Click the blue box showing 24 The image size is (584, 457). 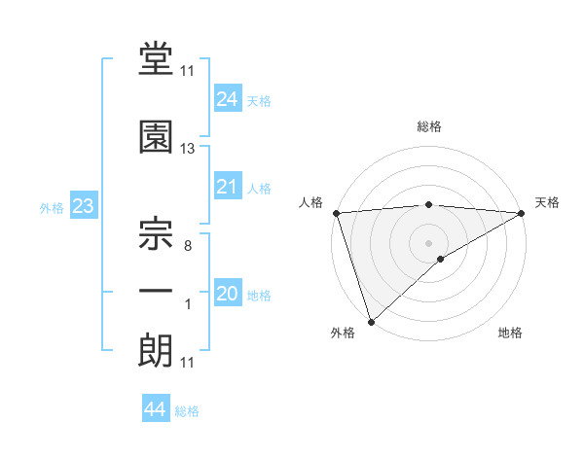pyautogui.click(x=227, y=98)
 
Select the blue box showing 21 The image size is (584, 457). pyautogui.click(x=227, y=187)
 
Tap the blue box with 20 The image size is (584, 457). pyautogui.click(x=227, y=294)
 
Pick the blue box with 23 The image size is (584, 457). pyautogui.click(x=82, y=206)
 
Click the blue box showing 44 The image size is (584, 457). pyautogui.click(x=155, y=409)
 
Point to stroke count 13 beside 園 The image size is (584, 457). pyautogui.click(x=188, y=149)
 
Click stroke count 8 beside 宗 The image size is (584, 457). pyautogui.click(x=188, y=246)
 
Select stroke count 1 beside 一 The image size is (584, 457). pyautogui.click(x=188, y=304)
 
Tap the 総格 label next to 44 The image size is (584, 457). pyautogui.click(x=187, y=411)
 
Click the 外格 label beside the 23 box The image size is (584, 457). pyautogui.click(x=52, y=208)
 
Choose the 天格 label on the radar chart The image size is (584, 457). pyautogui.click(x=547, y=202)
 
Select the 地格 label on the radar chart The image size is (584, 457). pyautogui.click(x=510, y=334)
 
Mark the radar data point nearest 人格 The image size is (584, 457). pyautogui.click(x=336, y=213)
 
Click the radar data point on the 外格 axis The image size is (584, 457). pyautogui.click(x=371, y=322)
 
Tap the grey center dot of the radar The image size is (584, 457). pyautogui.click(x=428, y=242)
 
